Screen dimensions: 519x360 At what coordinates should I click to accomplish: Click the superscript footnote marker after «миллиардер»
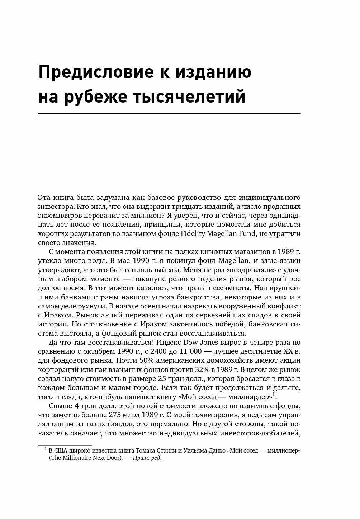(274, 395)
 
